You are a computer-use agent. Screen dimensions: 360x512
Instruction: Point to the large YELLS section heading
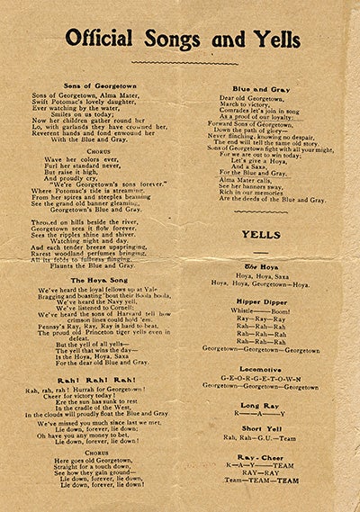click(x=263, y=237)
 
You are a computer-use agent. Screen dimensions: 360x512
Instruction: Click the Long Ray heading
click(x=263, y=405)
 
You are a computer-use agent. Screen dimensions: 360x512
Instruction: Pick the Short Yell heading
click(x=263, y=427)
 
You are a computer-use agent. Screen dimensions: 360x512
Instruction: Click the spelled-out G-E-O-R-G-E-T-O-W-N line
click(x=262, y=379)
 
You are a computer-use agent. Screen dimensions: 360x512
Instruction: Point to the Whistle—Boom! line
click(x=262, y=310)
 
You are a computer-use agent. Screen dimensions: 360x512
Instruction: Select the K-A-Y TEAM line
click(x=262, y=466)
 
